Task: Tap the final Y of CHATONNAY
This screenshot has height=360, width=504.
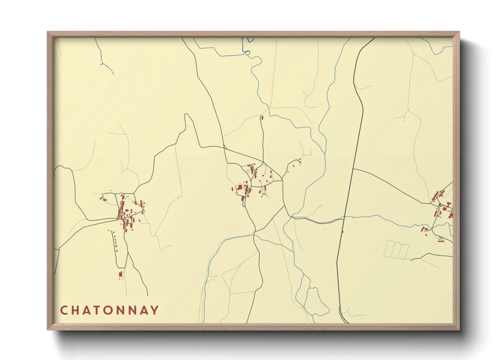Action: click(x=155, y=310)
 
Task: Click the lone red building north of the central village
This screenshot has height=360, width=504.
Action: click(x=262, y=118)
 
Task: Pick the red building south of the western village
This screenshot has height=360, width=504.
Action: click(x=120, y=274)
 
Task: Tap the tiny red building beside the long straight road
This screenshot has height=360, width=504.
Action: click(x=343, y=232)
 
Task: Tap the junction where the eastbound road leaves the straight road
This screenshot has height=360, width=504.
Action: click(x=353, y=169)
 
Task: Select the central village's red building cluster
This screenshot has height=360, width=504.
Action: click(x=250, y=182)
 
